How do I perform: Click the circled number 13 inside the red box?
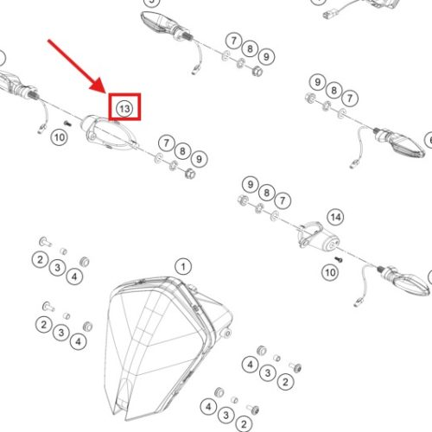(124, 109)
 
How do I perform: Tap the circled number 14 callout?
(336, 217)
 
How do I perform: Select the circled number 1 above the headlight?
(183, 267)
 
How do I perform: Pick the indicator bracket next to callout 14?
(317, 236)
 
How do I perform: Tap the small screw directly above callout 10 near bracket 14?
(339, 259)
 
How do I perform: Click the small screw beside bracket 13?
(67, 124)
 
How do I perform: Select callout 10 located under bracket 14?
(330, 272)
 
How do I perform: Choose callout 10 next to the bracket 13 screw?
(60, 137)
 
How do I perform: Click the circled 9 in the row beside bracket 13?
(199, 159)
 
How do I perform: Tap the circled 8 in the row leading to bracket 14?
(267, 193)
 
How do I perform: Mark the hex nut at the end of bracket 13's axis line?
(190, 174)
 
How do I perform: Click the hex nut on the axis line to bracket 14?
(244, 200)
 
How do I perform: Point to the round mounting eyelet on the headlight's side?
(227, 334)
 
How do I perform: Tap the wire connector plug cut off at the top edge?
(327, 15)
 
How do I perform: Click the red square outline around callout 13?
(124, 93)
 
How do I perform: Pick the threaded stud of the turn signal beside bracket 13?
(34, 93)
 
